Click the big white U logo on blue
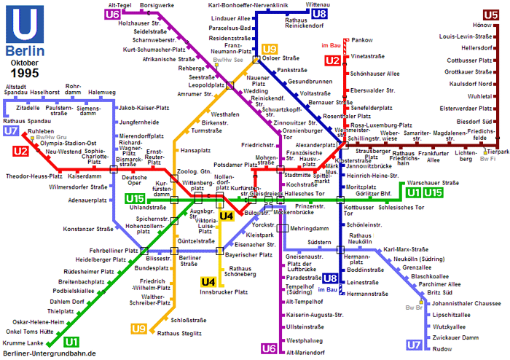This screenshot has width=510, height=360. coord(25,24)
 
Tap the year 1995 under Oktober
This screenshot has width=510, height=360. coord(25,73)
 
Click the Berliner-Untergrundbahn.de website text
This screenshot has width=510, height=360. coord(50,353)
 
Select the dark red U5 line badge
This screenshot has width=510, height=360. coord(490,15)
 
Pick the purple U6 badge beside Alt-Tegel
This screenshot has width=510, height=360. coord(112,15)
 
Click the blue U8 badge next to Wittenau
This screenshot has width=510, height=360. coord(319,14)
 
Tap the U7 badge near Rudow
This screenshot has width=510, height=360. coord(415,345)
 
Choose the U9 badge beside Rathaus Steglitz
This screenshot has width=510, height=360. coord(138,329)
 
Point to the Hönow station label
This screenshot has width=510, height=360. coord(482,25)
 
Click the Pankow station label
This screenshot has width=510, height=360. coord(362,40)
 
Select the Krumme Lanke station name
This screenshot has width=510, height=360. coord(23,343)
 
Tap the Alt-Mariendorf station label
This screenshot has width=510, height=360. coord(305,353)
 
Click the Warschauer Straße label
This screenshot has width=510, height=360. coord(433,183)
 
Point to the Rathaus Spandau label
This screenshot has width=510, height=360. coord(27,121)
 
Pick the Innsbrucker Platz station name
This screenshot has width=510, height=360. coord(224,292)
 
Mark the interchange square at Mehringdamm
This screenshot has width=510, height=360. coord(283,228)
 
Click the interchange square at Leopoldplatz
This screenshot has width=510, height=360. coord(230,85)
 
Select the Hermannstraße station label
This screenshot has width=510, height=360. coord(367,294)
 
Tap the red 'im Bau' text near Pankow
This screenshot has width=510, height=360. coord(331,45)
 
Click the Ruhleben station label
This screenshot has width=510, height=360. coord(41,131)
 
